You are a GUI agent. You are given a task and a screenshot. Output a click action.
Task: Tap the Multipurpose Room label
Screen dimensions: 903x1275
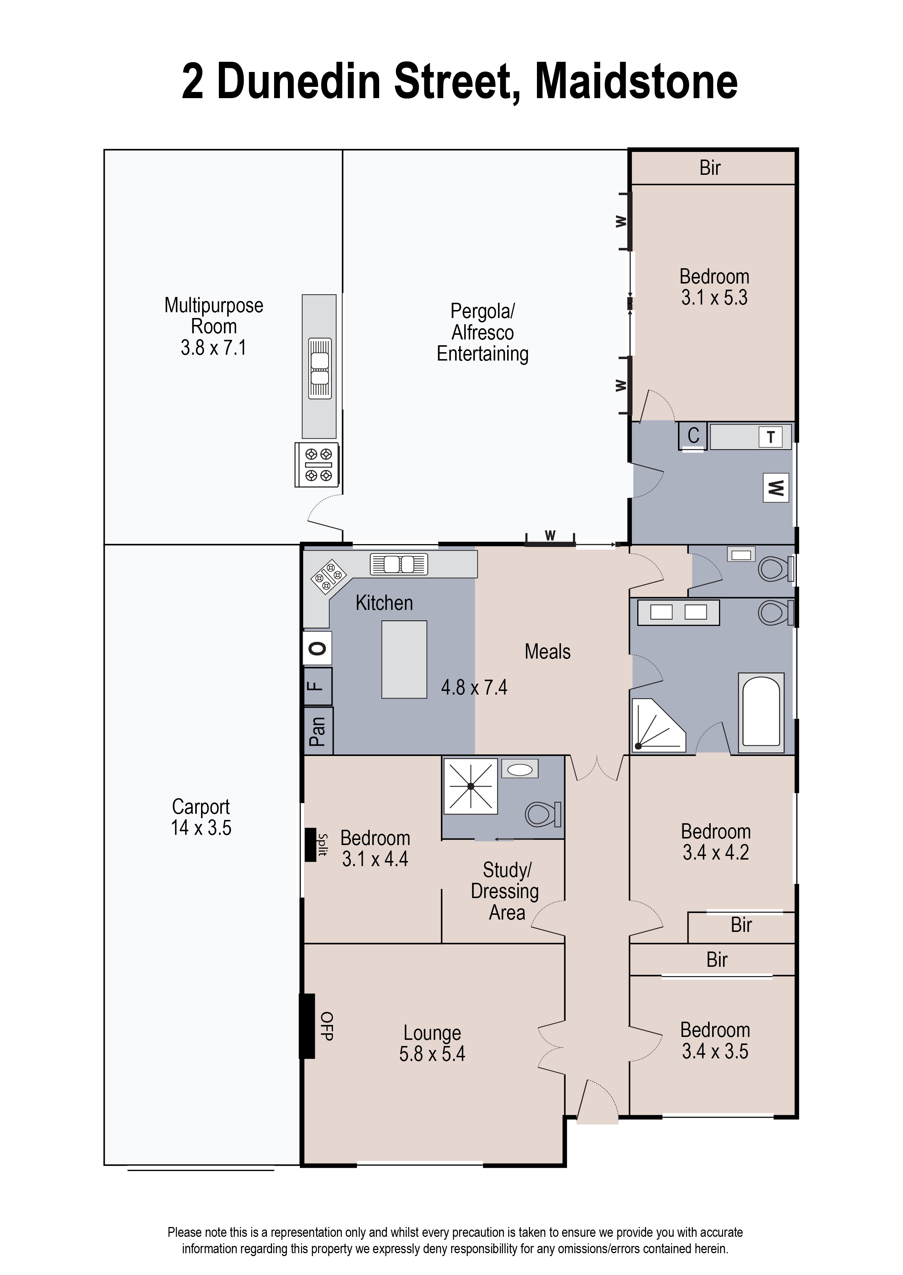click(x=214, y=316)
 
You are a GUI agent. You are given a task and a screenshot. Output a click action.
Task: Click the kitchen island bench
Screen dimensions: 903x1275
click(x=404, y=659)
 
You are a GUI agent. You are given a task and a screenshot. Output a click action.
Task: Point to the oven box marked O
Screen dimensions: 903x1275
click(x=317, y=648)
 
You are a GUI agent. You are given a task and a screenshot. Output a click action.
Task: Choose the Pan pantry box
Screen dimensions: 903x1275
click(x=318, y=731)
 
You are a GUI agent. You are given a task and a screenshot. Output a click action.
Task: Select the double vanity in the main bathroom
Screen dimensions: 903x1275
click(x=678, y=612)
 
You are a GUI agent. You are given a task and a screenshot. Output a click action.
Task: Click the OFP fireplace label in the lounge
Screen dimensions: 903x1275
click(x=327, y=1026)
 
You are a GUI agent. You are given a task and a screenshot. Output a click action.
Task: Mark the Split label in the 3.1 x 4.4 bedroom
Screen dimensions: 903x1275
click(x=322, y=845)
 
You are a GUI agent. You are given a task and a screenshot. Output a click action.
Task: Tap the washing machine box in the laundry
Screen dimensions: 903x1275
click(x=776, y=488)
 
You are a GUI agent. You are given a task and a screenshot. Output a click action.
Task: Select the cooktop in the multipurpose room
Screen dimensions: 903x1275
click(x=317, y=464)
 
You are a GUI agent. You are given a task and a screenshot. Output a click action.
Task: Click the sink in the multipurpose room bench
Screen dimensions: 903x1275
click(x=320, y=369)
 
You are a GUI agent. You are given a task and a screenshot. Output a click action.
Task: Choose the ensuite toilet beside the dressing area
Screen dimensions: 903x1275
click(x=543, y=815)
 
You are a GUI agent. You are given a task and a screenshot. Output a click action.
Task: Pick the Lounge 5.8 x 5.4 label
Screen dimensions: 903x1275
click(x=432, y=1043)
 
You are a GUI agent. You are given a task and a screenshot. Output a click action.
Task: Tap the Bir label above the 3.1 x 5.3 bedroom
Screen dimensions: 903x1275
click(x=710, y=168)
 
